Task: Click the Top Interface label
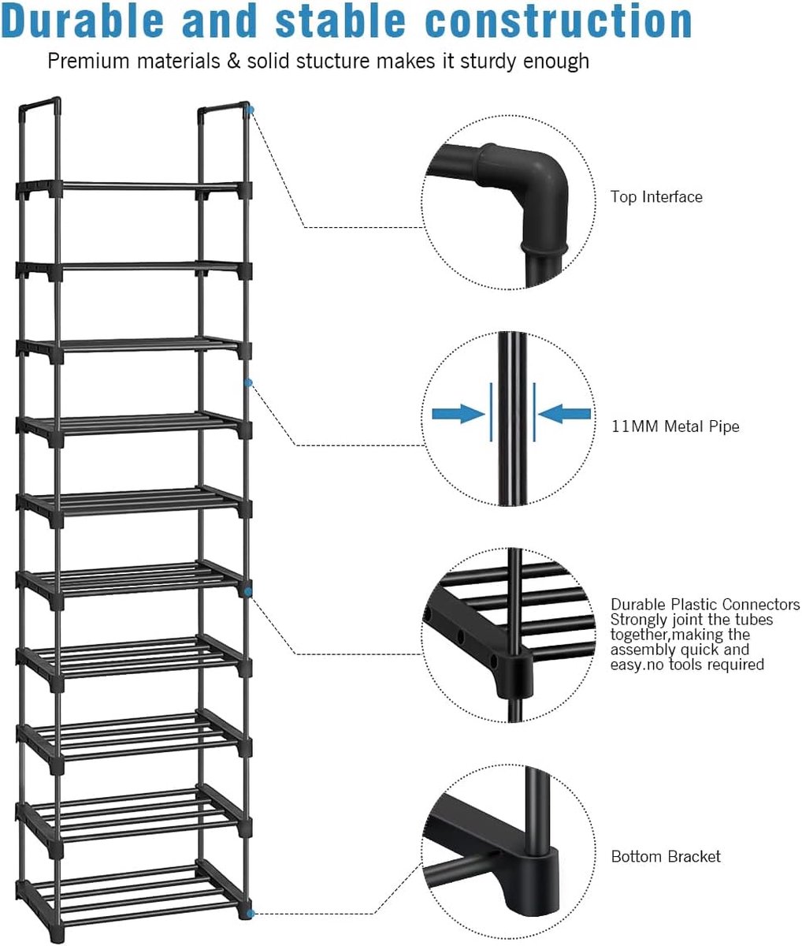656,196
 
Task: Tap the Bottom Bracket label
666,856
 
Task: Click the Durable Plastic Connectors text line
705,605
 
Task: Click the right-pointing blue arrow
458,412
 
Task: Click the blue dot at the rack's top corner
250,110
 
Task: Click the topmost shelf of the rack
134,187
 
